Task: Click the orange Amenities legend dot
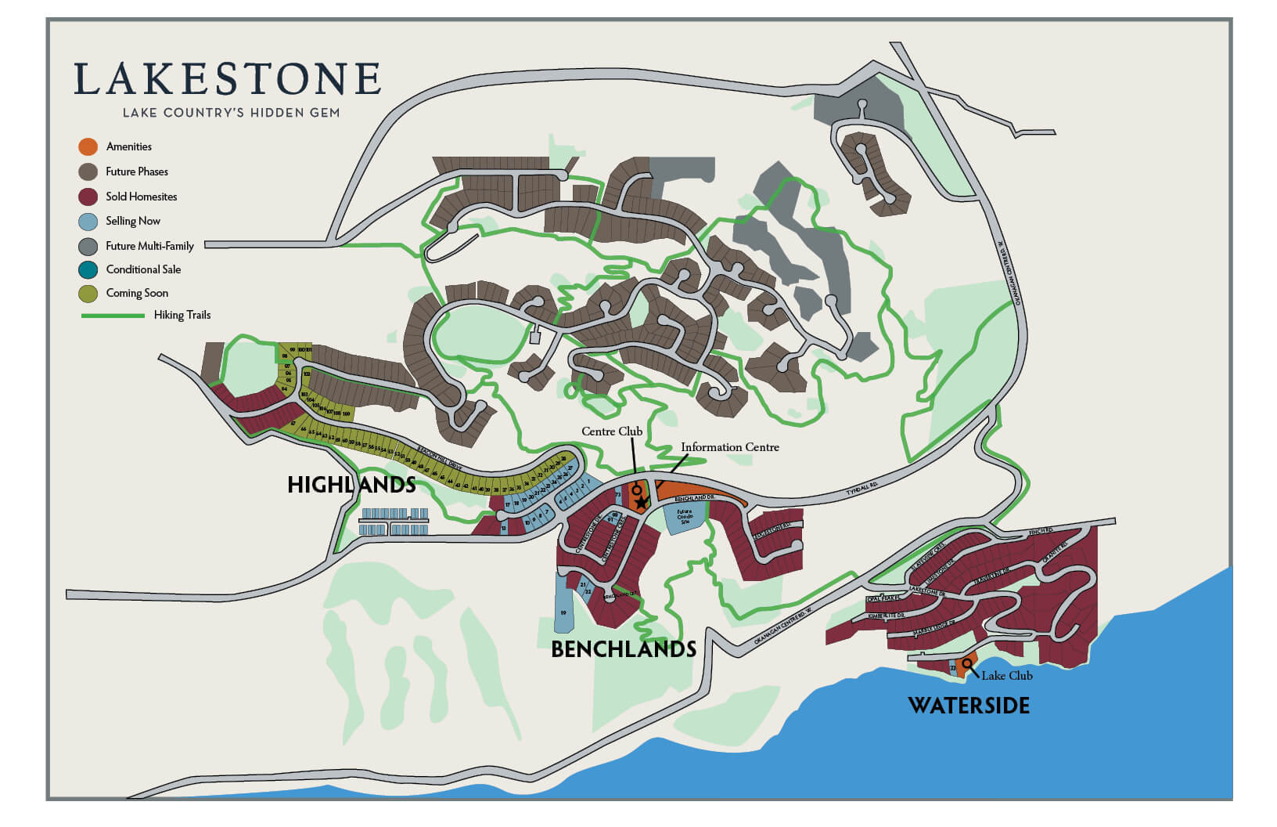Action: tap(88, 146)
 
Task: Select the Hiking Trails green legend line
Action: tap(113, 316)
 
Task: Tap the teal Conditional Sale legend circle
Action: tap(88, 269)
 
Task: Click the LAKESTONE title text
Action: tap(227, 80)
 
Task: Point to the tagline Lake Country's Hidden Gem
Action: tap(231, 113)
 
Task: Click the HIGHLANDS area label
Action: tap(351, 485)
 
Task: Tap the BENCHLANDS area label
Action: tap(623, 649)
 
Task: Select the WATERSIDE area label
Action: tap(968, 706)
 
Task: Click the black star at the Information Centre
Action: tap(641, 503)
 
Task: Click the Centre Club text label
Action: tap(611, 432)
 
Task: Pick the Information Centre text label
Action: tap(729, 447)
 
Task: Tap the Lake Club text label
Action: tap(1006, 676)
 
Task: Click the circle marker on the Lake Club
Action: tap(967, 664)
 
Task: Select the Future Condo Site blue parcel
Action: tap(684, 518)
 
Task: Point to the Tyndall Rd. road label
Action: tap(862, 489)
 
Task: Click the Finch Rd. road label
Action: tap(1041, 532)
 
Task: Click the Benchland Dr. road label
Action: tap(695, 498)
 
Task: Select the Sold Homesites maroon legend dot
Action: tap(88, 197)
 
